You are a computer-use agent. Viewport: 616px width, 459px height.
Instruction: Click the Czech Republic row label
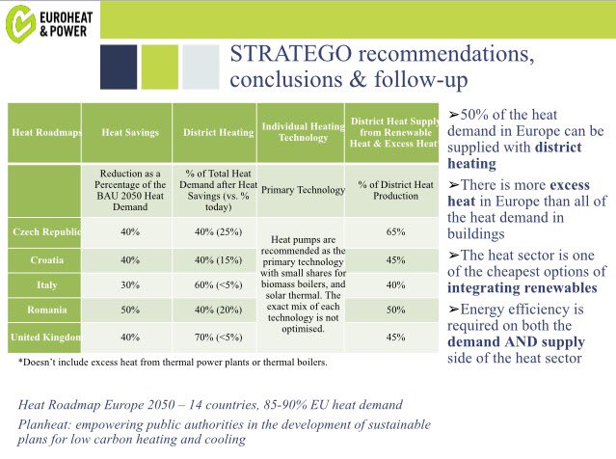(45, 233)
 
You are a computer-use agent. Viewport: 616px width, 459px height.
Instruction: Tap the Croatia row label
(45, 260)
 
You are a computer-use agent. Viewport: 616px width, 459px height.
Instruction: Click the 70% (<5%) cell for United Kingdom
(214, 338)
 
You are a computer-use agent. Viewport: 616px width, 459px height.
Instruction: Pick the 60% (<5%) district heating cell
(214, 286)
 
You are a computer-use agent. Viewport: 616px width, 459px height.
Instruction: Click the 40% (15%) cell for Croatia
(214, 260)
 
